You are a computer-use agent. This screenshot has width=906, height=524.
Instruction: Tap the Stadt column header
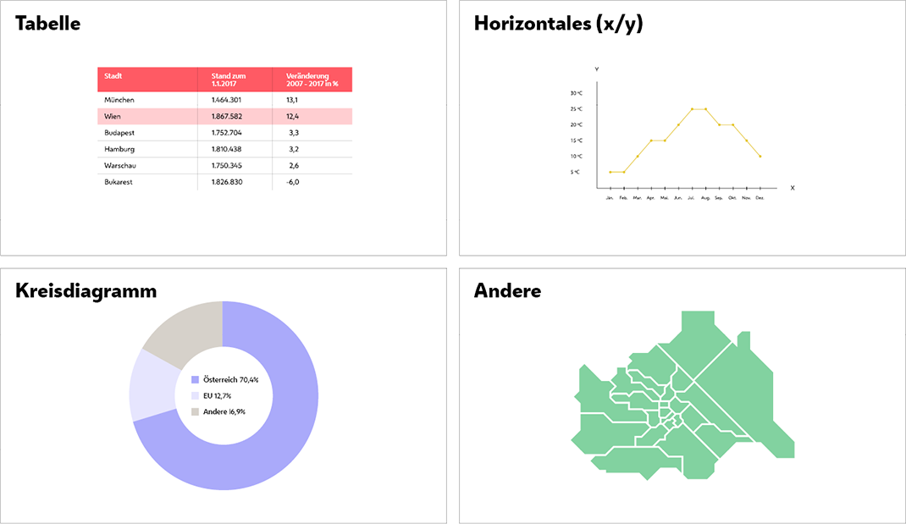(113, 76)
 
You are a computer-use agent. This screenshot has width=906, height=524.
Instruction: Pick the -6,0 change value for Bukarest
(292, 182)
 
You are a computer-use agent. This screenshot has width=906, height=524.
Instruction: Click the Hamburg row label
(119, 149)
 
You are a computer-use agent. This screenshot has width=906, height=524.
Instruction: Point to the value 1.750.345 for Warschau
(227, 166)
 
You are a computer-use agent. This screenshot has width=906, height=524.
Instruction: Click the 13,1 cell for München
(292, 100)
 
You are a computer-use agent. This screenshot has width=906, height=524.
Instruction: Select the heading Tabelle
(48, 24)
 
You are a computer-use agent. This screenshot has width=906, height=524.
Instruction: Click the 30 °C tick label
(576, 93)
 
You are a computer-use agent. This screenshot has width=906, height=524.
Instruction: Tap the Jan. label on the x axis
(610, 198)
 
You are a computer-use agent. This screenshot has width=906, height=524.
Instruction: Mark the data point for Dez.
(760, 157)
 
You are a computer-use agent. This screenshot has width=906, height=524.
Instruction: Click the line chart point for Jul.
(692, 109)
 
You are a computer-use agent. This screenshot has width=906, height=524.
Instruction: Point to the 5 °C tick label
(576, 172)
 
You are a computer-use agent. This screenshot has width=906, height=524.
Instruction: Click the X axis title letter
(793, 188)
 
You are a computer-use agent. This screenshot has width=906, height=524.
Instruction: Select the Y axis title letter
(597, 69)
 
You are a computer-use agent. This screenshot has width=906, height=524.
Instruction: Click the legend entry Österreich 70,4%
(230, 380)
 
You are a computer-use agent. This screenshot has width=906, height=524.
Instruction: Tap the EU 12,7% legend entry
(217, 395)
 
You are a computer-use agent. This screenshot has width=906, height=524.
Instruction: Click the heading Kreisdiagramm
(86, 291)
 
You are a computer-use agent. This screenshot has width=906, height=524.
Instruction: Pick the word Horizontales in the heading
(532, 24)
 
